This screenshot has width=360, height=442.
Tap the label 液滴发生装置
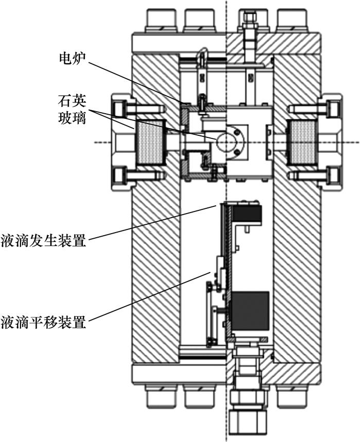[43, 240]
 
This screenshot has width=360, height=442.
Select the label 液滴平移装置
[43, 324]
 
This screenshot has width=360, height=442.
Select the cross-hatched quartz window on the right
[301, 142]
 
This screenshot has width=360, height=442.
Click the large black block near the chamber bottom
[250, 310]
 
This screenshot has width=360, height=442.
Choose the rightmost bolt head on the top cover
[293, 21]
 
